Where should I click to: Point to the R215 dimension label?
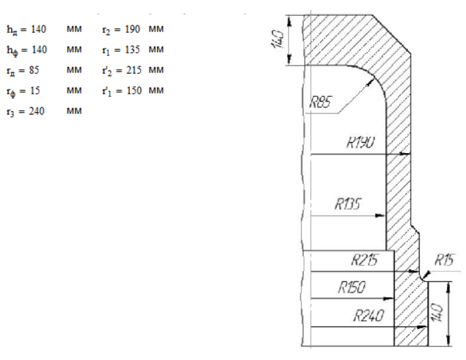coord(365,260)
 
